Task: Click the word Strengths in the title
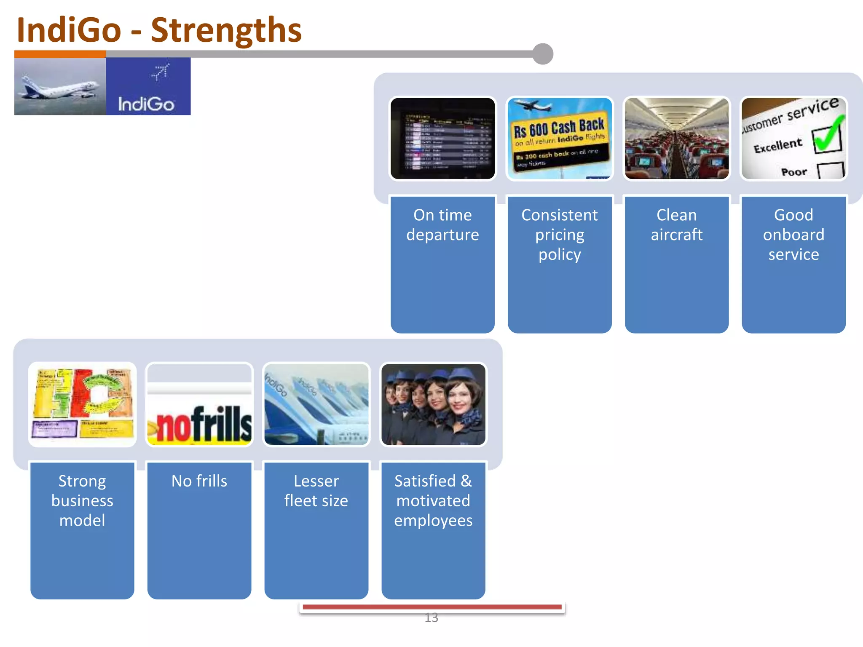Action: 226,30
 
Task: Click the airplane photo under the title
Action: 60,87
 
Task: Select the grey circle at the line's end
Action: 543,54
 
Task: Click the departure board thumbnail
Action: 442,139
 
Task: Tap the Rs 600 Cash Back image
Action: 560,139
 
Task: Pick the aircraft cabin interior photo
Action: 676,139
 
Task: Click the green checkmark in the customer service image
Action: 828,136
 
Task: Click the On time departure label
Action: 442,225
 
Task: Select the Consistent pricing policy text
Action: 560,235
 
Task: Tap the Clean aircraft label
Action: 676,225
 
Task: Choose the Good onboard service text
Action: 793,235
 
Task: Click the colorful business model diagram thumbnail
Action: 83,404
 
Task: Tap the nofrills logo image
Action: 200,425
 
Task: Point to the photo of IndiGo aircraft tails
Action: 316,404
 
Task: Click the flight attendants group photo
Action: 433,404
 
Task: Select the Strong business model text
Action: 83,500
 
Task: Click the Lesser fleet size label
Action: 316,491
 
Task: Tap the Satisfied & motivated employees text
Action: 433,500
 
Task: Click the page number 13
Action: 431,618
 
